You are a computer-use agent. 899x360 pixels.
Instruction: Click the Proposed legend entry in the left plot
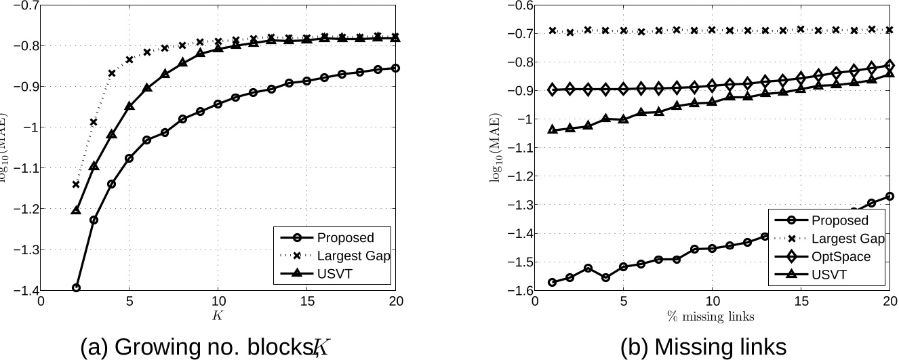click(x=345, y=237)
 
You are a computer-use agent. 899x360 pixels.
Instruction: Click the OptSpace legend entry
click(x=841, y=257)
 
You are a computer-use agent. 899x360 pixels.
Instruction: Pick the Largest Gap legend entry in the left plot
click(x=353, y=256)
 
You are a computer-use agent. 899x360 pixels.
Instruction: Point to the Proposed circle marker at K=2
click(x=76, y=287)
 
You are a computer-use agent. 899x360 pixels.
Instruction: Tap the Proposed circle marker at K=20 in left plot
click(x=395, y=68)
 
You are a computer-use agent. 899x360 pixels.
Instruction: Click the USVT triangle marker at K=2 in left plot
click(x=76, y=210)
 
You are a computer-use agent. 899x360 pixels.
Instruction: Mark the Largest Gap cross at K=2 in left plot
click(x=76, y=184)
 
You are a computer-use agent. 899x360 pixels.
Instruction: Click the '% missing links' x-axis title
click(x=711, y=316)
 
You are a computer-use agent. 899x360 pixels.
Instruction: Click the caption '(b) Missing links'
click(x=703, y=346)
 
